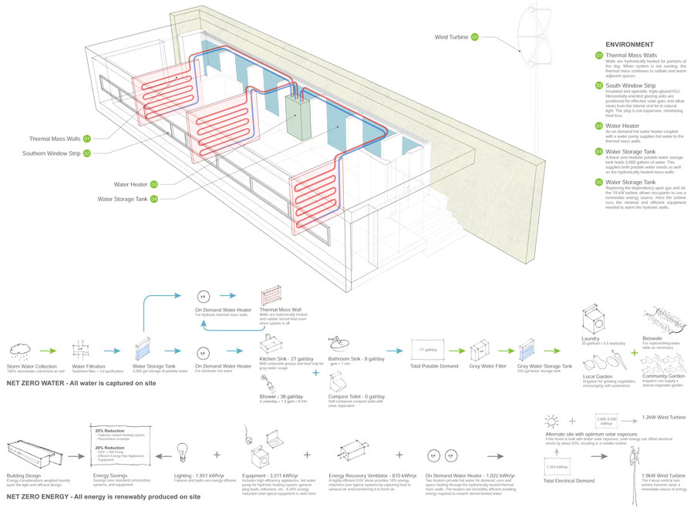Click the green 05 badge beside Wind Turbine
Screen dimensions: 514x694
[475, 36]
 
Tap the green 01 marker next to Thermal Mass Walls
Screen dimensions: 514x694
[87, 139]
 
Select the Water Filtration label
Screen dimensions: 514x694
[89, 366]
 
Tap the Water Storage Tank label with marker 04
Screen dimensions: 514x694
[123, 199]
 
